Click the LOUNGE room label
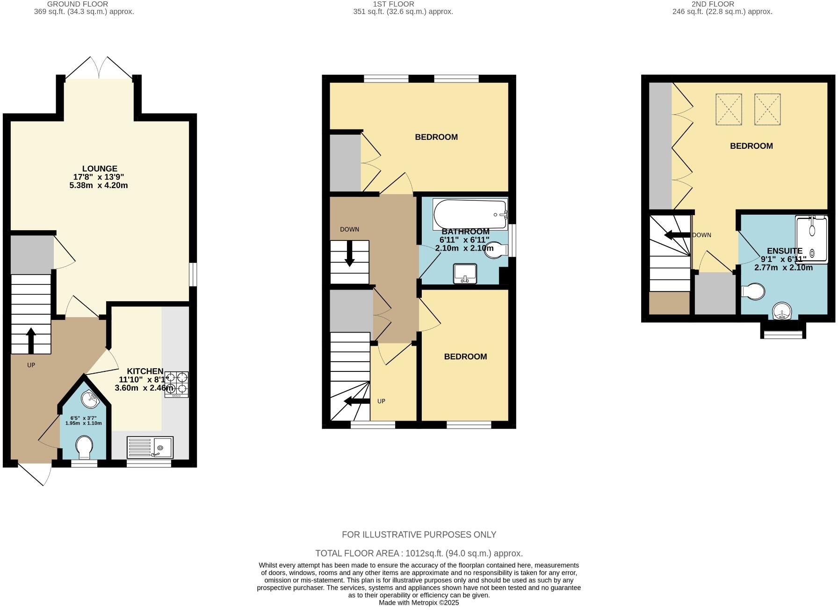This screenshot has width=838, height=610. pyautogui.click(x=100, y=169)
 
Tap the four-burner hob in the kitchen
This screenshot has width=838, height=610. pyautogui.click(x=176, y=384)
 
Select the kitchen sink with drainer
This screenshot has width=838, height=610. pyautogui.click(x=150, y=448)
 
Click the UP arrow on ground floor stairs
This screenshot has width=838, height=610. pyautogui.click(x=31, y=340)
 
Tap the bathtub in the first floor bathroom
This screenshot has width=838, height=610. pyautogui.click(x=470, y=214)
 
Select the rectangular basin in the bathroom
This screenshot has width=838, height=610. pyautogui.click(x=465, y=274)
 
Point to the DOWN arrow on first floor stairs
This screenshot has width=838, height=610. pyautogui.click(x=349, y=255)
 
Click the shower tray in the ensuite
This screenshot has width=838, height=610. pyautogui.click(x=811, y=238)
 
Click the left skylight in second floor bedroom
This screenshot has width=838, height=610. pyautogui.click(x=728, y=109)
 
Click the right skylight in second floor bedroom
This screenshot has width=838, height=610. pyautogui.click(x=767, y=109)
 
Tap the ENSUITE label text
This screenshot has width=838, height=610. pyautogui.click(x=784, y=251)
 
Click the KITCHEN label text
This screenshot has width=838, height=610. pyautogui.click(x=145, y=371)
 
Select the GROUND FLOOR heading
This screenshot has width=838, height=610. pyautogui.click(x=78, y=4)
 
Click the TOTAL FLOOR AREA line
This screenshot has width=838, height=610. pyautogui.click(x=419, y=553)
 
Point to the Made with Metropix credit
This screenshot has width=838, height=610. pyautogui.click(x=419, y=603)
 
